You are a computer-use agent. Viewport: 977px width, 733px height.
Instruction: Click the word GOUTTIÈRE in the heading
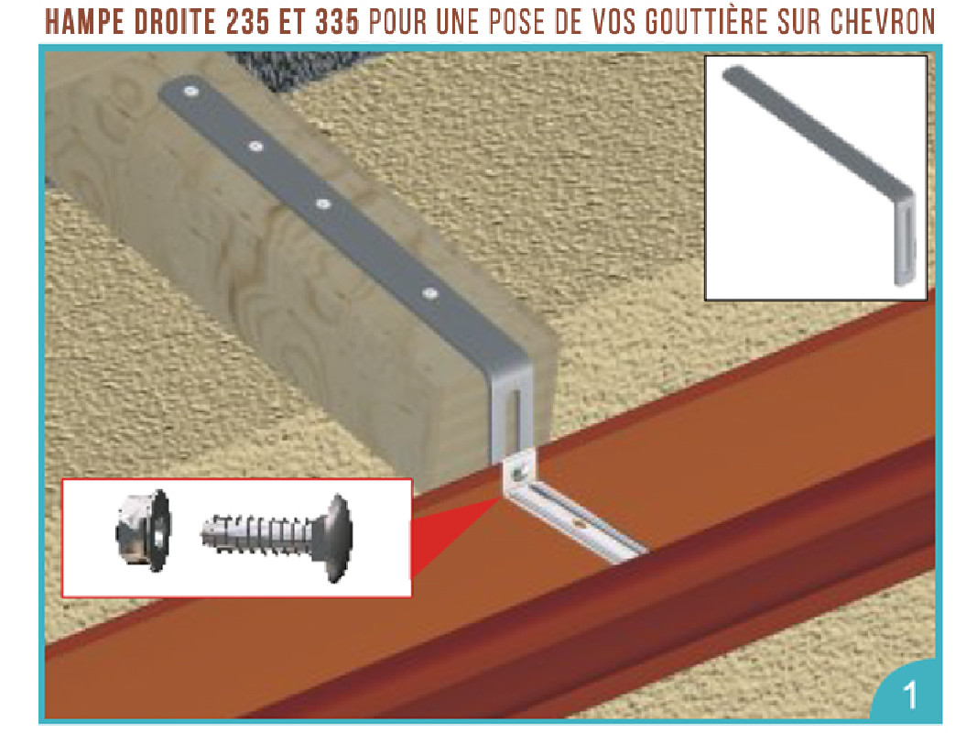[x=700, y=23]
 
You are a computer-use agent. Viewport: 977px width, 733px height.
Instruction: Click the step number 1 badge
[x=908, y=695]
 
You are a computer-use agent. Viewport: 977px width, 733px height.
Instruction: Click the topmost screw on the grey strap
[x=190, y=91]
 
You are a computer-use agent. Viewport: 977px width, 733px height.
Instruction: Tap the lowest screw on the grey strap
[x=429, y=294]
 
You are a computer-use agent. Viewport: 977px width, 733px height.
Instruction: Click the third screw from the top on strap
[x=322, y=203]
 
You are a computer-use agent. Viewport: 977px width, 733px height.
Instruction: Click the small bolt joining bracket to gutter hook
[x=519, y=474]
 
